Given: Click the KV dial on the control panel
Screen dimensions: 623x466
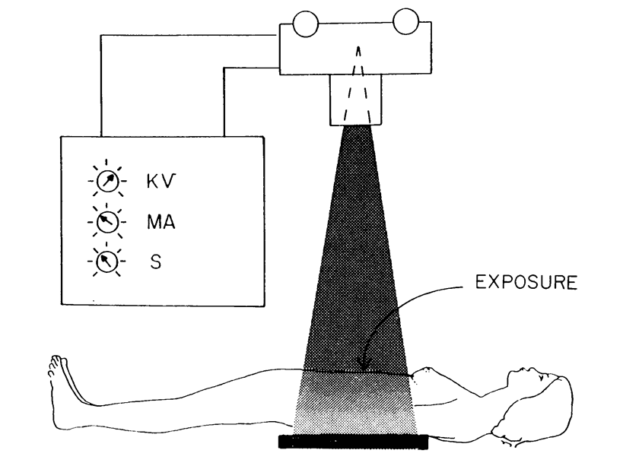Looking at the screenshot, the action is [x=108, y=182].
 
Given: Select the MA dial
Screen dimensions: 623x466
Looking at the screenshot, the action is [x=107, y=221].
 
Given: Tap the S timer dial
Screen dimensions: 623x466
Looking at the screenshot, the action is [x=107, y=262].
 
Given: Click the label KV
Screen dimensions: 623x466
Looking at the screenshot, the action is [x=161, y=182].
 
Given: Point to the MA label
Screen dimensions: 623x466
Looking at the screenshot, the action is [x=161, y=221].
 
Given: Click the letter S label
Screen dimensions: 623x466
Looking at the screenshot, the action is [x=156, y=262].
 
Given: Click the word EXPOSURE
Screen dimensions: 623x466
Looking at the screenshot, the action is [x=526, y=282].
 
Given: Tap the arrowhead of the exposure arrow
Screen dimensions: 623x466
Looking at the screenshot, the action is [x=364, y=364].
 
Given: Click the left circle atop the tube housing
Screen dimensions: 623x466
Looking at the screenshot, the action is [x=306, y=24].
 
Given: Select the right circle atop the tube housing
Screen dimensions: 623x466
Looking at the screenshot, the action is [x=405, y=21].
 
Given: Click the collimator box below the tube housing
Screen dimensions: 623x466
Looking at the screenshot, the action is [x=355, y=100].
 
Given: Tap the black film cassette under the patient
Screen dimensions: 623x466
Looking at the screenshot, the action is [x=353, y=442].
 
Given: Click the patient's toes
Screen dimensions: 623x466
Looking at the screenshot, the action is [x=54, y=365].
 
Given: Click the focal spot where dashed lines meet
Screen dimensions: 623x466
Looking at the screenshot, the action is [x=359, y=49].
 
